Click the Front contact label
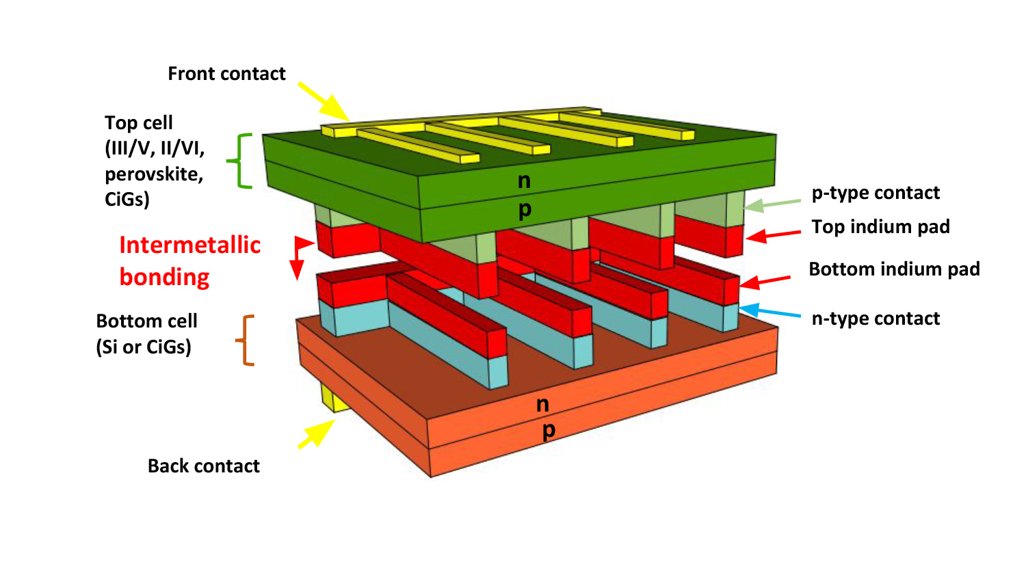pos(226,74)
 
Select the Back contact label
pos(204,466)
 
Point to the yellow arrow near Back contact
pos(316,434)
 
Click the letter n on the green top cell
pos(524,181)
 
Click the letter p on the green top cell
pos(525,210)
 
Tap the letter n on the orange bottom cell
pos(542,405)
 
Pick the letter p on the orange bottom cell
pos(549,431)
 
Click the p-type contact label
pos(876,193)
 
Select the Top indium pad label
pos(880,227)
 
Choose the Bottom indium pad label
pos(894,269)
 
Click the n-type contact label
pos(876,319)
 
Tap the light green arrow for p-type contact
pos(772,204)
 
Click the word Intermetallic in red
pos(189,245)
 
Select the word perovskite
pos(154,174)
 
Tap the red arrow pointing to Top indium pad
pos(773,235)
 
